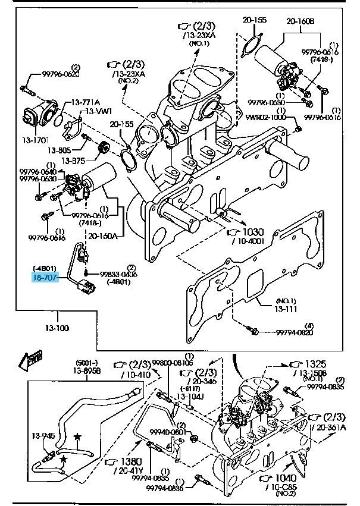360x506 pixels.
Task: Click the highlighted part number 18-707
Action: (x=46, y=276)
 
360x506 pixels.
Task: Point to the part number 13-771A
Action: (x=86, y=102)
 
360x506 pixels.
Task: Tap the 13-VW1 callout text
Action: (x=98, y=111)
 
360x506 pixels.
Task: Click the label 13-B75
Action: (x=78, y=161)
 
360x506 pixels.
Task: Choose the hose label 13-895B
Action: (x=87, y=370)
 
